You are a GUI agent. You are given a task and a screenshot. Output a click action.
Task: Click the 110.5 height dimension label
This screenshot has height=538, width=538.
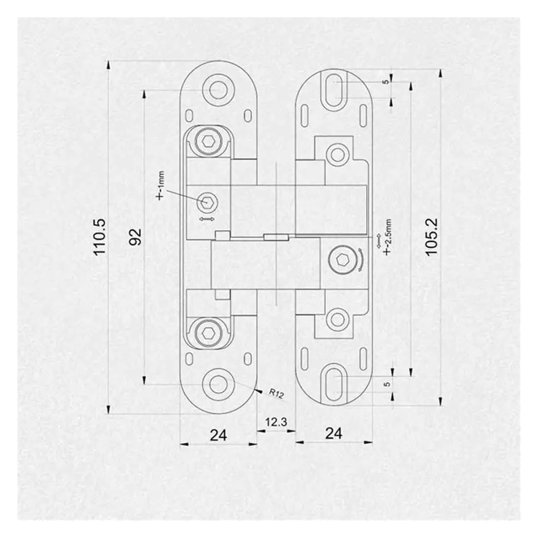[100, 237]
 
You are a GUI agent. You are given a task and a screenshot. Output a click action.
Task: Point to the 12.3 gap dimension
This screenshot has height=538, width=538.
[276, 422]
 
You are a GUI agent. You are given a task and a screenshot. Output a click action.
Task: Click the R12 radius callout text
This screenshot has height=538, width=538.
[276, 393]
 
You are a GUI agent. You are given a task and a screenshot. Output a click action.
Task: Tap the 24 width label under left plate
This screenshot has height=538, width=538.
[219, 435]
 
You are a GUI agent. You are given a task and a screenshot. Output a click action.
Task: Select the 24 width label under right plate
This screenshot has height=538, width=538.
[334, 433]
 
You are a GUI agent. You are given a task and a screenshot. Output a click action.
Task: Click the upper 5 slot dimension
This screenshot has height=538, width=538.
[386, 81]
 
